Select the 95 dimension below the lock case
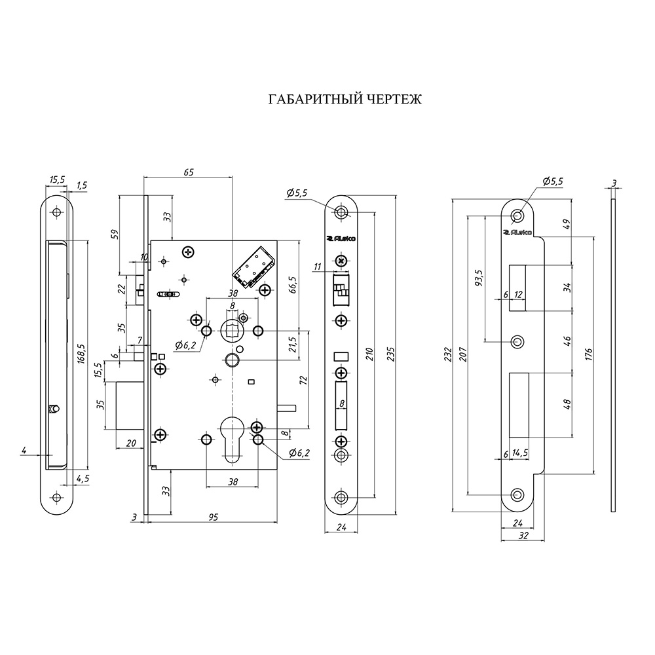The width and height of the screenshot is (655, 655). [213, 517]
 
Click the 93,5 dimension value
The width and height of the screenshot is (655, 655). [479, 278]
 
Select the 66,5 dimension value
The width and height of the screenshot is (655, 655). [292, 286]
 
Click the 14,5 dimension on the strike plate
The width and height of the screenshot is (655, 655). [521, 453]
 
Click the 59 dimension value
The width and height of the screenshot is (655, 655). [114, 234]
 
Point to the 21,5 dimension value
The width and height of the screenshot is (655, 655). [293, 343]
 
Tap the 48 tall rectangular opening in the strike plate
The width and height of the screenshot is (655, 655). [519, 405]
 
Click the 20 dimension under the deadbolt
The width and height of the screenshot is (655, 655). [131, 443]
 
